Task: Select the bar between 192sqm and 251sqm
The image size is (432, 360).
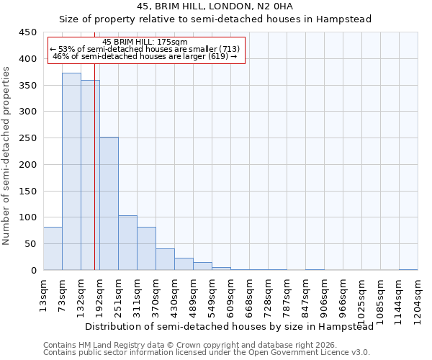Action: [x=109, y=204]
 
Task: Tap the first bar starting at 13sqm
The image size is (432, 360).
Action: [x=53, y=248]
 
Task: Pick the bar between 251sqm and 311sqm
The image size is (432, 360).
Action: [x=127, y=243]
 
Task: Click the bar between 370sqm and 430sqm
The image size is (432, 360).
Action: [x=165, y=259]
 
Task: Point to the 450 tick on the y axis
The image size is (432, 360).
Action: [x=27, y=32]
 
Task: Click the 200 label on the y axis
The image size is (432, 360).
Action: [x=27, y=165]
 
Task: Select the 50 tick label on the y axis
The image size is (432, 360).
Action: [x=30, y=244]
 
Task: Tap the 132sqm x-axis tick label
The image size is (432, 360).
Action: [x=81, y=293]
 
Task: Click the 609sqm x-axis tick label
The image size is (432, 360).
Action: [x=231, y=293]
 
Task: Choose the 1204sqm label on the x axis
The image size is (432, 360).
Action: [x=418, y=295]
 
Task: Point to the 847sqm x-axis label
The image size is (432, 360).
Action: [x=306, y=293]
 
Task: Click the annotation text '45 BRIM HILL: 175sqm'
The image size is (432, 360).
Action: [x=145, y=42]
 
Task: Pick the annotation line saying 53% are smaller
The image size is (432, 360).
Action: [x=145, y=49]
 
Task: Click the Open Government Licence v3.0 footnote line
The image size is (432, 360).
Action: [x=207, y=353]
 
